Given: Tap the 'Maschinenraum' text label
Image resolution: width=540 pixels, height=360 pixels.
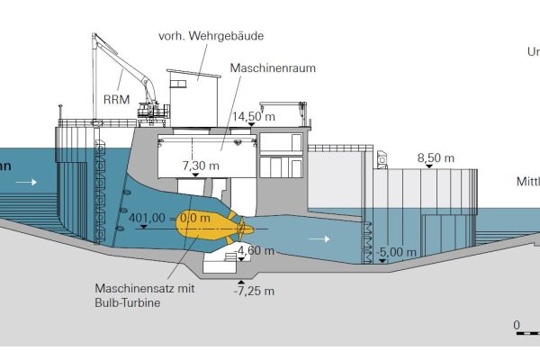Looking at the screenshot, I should pyautogui.click(x=268, y=67).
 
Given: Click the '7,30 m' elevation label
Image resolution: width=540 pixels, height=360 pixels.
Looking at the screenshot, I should pyautogui.click(x=201, y=166).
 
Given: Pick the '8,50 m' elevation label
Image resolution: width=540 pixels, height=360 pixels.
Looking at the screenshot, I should pyautogui.click(x=436, y=158).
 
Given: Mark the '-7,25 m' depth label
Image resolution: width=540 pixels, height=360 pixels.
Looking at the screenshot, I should pyautogui.click(x=253, y=291).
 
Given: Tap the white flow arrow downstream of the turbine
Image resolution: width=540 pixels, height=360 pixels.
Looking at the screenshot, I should pyautogui.click(x=314, y=240).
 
